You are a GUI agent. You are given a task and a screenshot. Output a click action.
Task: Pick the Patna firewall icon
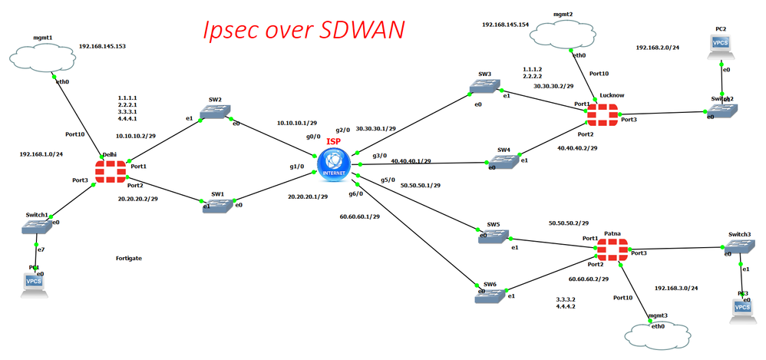pyautogui.click(x=612, y=253)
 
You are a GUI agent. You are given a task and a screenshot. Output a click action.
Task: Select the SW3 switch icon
pyautogui.click(x=485, y=88)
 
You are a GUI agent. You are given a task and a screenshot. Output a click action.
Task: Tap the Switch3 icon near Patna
pyautogui.click(x=741, y=248)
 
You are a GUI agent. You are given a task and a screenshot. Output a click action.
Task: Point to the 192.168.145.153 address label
pyautogui.click(x=102, y=46)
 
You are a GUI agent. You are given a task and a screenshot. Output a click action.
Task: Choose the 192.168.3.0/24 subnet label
pyautogui.click(x=676, y=288)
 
